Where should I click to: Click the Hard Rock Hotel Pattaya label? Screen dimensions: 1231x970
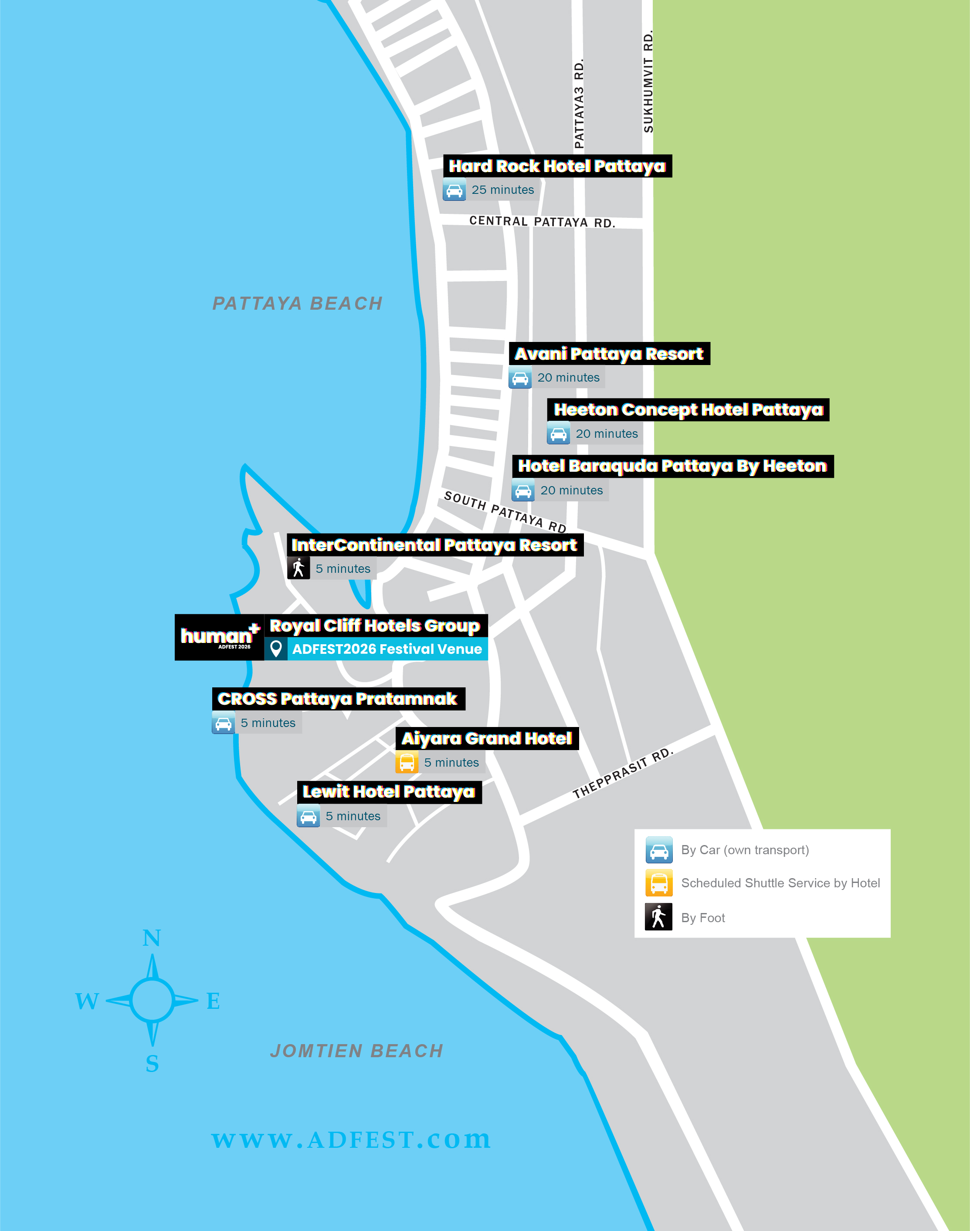click(x=557, y=166)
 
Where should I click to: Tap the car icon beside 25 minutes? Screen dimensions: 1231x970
click(x=454, y=189)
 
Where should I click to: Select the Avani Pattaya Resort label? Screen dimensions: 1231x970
click(x=609, y=354)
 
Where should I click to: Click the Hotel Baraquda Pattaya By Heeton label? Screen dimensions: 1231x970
click(x=672, y=466)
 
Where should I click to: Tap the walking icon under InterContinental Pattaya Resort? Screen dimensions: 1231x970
click(x=299, y=568)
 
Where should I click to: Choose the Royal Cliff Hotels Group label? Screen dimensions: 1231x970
click(x=375, y=626)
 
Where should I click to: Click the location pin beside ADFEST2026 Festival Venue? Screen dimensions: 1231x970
click(x=276, y=649)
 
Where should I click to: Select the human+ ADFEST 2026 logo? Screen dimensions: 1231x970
click(x=219, y=637)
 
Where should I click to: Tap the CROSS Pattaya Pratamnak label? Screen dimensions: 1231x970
click(x=338, y=699)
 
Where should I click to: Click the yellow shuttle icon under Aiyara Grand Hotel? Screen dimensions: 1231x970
click(x=407, y=762)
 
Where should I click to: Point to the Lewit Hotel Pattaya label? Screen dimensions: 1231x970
click(x=389, y=792)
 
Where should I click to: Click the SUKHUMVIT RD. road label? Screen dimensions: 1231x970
click(x=648, y=82)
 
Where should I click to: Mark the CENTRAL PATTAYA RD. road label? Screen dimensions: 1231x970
click(x=542, y=221)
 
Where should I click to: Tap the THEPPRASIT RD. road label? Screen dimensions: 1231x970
click(x=622, y=774)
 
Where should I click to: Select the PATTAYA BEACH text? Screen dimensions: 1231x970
click(x=298, y=304)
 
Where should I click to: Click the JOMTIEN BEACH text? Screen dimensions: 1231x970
click(x=356, y=1051)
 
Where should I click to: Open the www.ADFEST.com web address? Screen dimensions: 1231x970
click(x=351, y=1140)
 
